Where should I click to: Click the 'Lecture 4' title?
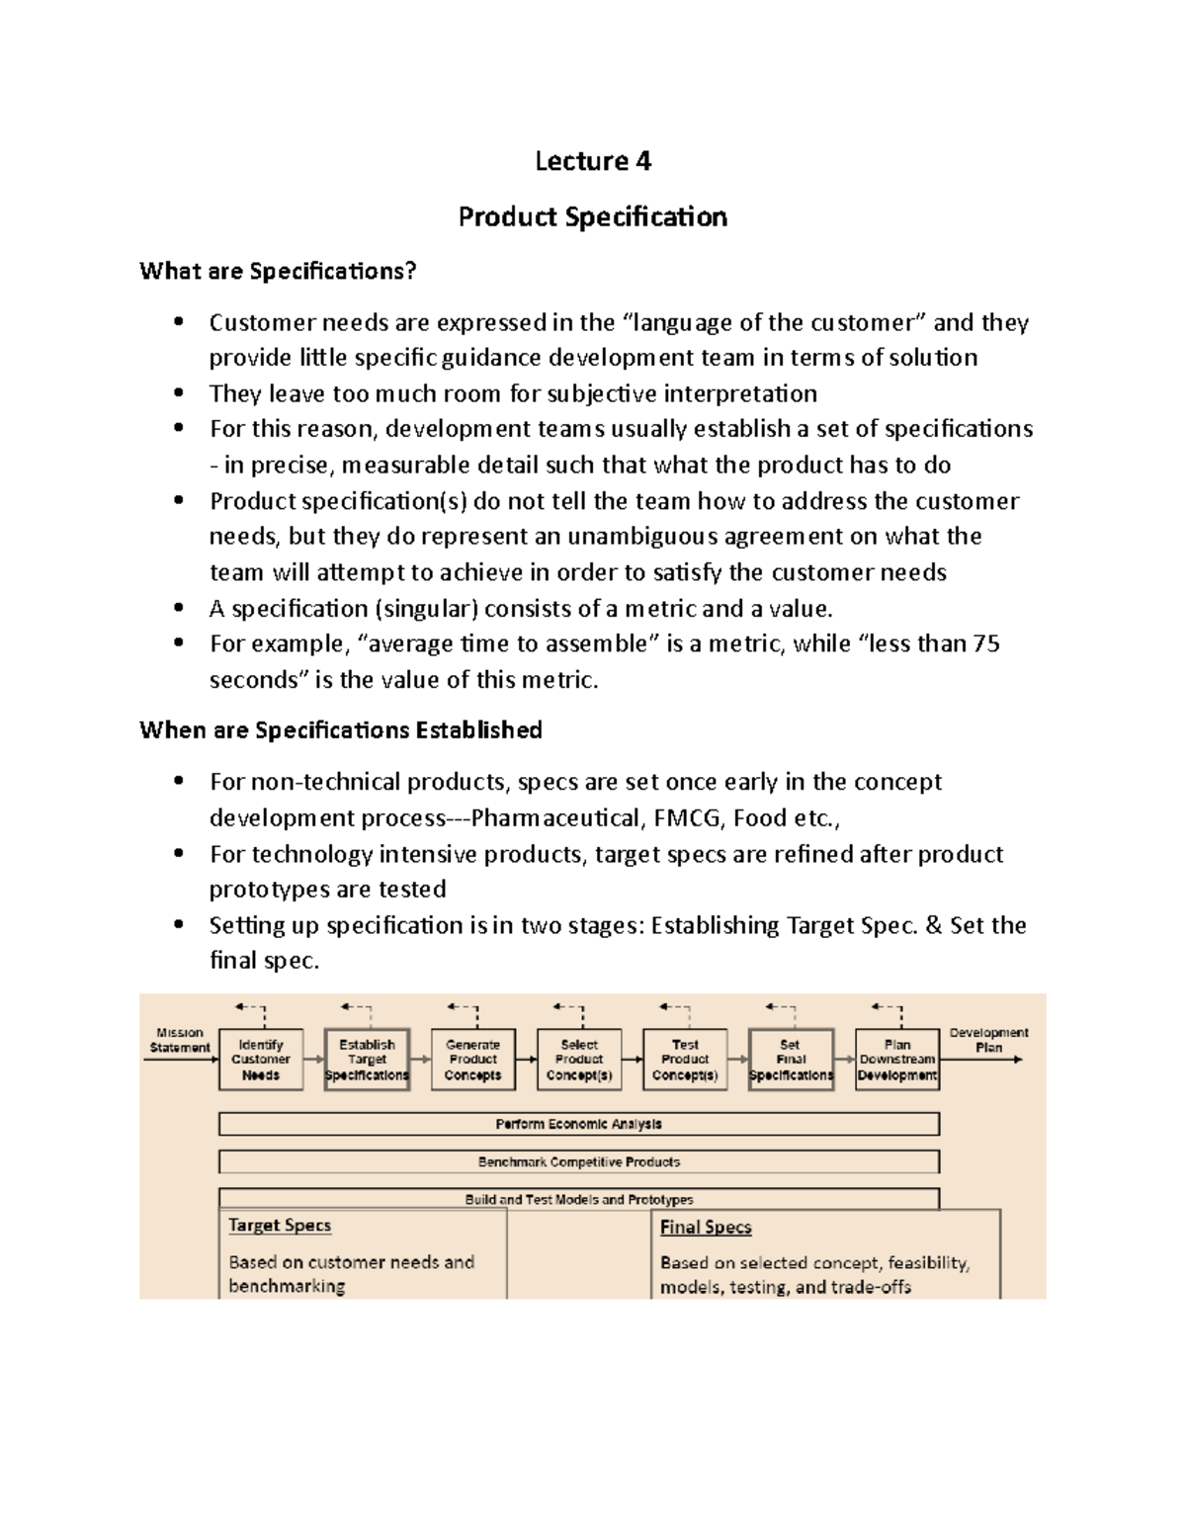pos(593,161)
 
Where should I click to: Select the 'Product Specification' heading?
pos(593,217)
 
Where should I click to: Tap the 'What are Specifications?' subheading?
pos(278,271)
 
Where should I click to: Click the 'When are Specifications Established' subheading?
pos(341,730)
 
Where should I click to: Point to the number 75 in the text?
pos(985,644)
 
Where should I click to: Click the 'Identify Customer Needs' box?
pos(261,1060)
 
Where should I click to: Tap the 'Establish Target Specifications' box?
pos(367,1060)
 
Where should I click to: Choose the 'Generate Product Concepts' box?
pos(473,1060)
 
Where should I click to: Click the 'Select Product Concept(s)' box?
pos(579,1060)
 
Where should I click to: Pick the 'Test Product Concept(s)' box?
pos(685,1060)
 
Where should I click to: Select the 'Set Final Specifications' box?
pos(791,1060)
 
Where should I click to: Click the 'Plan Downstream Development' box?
pos(897,1060)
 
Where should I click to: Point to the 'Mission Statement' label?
pos(180,1040)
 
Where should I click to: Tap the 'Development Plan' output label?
pos(988,1040)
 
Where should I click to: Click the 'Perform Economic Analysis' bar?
pos(579,1124)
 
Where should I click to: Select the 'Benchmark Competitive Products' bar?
pos(579,1161)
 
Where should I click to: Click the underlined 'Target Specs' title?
pos(280,1226)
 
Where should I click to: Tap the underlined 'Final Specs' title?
pos(706,1228)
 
